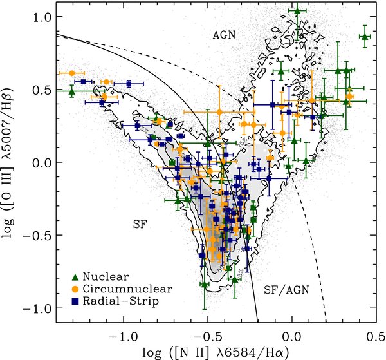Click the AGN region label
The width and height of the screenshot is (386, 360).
click(x=225, y=37)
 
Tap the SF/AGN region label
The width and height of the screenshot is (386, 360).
click(x=286, y=290)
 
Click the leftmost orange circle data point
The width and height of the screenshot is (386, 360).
click(x=71, y=73)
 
